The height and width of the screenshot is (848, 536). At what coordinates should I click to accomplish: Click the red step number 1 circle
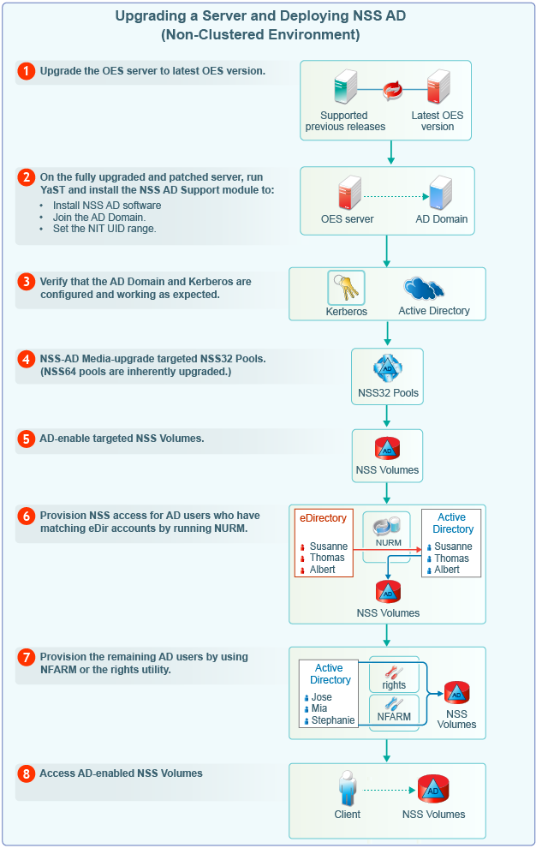tap(27, 72)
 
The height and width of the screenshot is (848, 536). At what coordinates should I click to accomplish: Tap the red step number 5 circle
tap(27, 439)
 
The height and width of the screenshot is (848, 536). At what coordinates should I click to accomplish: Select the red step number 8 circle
tap(27, 773)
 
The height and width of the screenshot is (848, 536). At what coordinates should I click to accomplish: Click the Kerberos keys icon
tap(345, 288)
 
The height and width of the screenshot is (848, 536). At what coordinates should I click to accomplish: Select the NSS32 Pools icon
tap(387, 369)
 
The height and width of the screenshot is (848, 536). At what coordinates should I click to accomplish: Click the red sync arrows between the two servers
tap(393, 89)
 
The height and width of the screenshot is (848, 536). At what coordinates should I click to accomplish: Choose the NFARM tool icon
tap(393, 704)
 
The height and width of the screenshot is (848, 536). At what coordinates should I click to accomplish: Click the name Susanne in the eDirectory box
tap(328, 546)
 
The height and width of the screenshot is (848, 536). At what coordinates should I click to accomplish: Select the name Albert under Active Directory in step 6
tap(446, 570)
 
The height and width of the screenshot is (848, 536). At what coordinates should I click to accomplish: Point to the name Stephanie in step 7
tap(332, 720)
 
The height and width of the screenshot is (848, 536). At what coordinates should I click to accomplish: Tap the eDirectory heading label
tap(323, 518)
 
